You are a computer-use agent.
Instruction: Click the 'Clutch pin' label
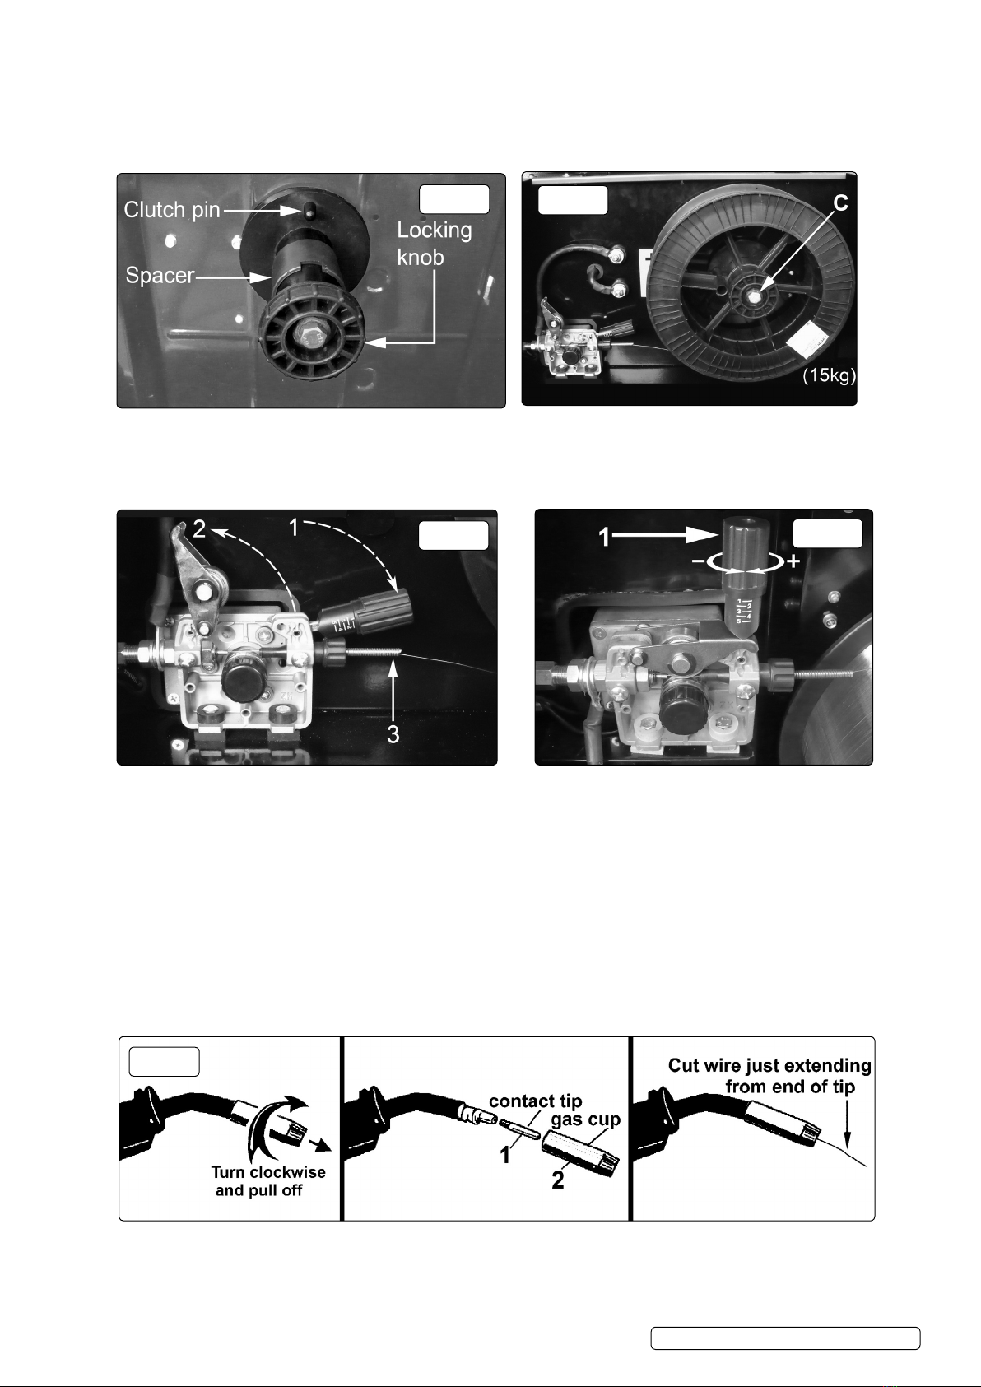coord(172,210)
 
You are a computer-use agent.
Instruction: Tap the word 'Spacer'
coord(160,275)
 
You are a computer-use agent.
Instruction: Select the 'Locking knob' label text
coord(434,244)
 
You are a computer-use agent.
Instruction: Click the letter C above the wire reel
coord(840,203)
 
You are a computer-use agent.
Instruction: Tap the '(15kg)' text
coord(830,376)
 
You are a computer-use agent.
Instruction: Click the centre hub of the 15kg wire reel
coord(755,296)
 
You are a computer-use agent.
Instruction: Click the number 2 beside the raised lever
coord(198,528)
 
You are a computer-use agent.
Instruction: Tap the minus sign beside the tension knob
coord(698,561)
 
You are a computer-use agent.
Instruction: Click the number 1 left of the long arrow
coord(605,538)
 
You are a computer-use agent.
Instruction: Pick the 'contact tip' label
coord(536,1101)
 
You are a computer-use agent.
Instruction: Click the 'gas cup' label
coord(585,1119)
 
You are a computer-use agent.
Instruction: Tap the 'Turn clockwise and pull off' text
coord(268,1181)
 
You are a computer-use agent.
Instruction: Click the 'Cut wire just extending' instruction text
coord(769,1065)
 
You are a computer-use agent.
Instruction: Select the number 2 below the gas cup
coord(558,1180)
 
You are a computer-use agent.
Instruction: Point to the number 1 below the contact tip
coord(505,1155)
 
